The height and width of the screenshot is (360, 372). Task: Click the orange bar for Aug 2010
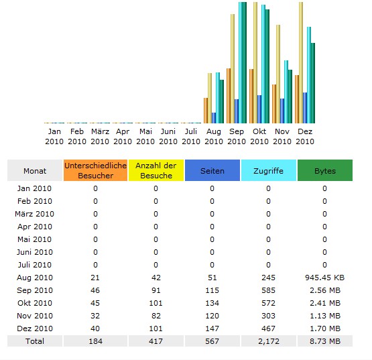[206, 111]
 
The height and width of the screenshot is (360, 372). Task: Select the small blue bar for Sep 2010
[237, 111]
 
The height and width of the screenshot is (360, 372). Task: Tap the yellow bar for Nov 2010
[278, 74]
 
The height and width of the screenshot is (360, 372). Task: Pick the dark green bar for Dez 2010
[313, 83]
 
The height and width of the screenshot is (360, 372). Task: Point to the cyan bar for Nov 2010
[286, 92]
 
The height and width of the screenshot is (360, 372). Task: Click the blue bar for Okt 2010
[259, 109]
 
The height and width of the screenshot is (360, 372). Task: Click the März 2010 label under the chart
[100, 137]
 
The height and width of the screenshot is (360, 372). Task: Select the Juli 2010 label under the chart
[191, 137]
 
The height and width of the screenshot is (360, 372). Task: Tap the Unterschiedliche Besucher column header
[95, 170]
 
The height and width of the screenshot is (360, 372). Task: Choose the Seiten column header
[212, 170]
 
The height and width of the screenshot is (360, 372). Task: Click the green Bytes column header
[325, 170]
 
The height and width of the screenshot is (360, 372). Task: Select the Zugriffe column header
[269, 170]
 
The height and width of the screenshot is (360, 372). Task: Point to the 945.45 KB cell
[325, 278]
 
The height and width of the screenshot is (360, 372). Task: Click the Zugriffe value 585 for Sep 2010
[268, 290]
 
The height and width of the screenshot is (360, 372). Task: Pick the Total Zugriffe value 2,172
[269, 341]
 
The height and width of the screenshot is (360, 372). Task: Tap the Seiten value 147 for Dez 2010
[212, 328]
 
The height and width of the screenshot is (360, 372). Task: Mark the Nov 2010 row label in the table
[35, 316]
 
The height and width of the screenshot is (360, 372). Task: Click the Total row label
[35, 341]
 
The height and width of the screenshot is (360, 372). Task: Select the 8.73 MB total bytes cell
[325, 341]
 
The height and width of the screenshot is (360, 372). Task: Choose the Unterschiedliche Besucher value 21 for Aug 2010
[95, 278]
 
